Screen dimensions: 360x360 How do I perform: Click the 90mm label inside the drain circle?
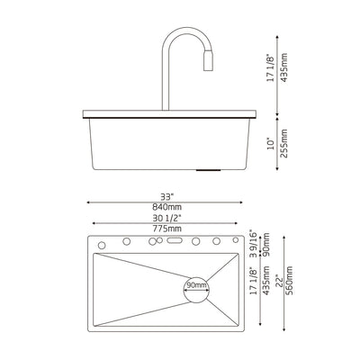(x=196, y=285)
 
